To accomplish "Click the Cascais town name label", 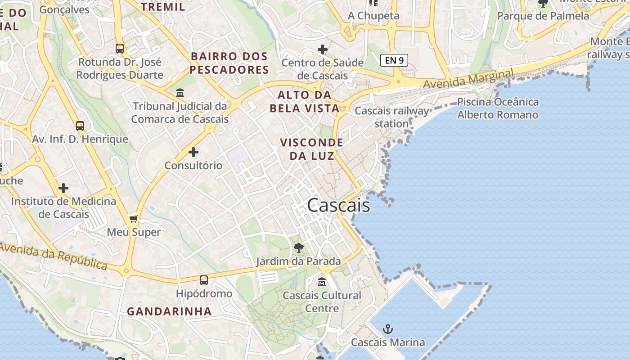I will (338, 205).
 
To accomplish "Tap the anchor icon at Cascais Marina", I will (387, 329).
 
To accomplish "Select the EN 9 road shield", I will (394, 60).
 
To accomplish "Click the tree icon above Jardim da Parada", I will (298, 247).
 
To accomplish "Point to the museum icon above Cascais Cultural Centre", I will (322, 282).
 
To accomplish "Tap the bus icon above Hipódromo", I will (204, 280).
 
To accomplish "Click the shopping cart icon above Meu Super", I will (133, 219).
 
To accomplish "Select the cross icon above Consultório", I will (193, 152).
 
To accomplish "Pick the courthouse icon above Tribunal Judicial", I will (180, 93).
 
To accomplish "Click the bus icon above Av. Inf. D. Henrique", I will (80, 126).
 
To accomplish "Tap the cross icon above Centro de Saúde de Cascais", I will (322, 49).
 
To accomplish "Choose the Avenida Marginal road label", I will (468, 78).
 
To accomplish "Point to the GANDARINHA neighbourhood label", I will (169, 311).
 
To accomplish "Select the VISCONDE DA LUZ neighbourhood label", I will (311, 149).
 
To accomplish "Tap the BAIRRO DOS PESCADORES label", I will (229, 63).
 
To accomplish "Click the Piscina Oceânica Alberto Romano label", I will (498, 108).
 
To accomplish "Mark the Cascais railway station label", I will (392, 117).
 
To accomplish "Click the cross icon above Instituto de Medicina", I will (63, 188).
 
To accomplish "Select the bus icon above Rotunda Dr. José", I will (120, 49).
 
